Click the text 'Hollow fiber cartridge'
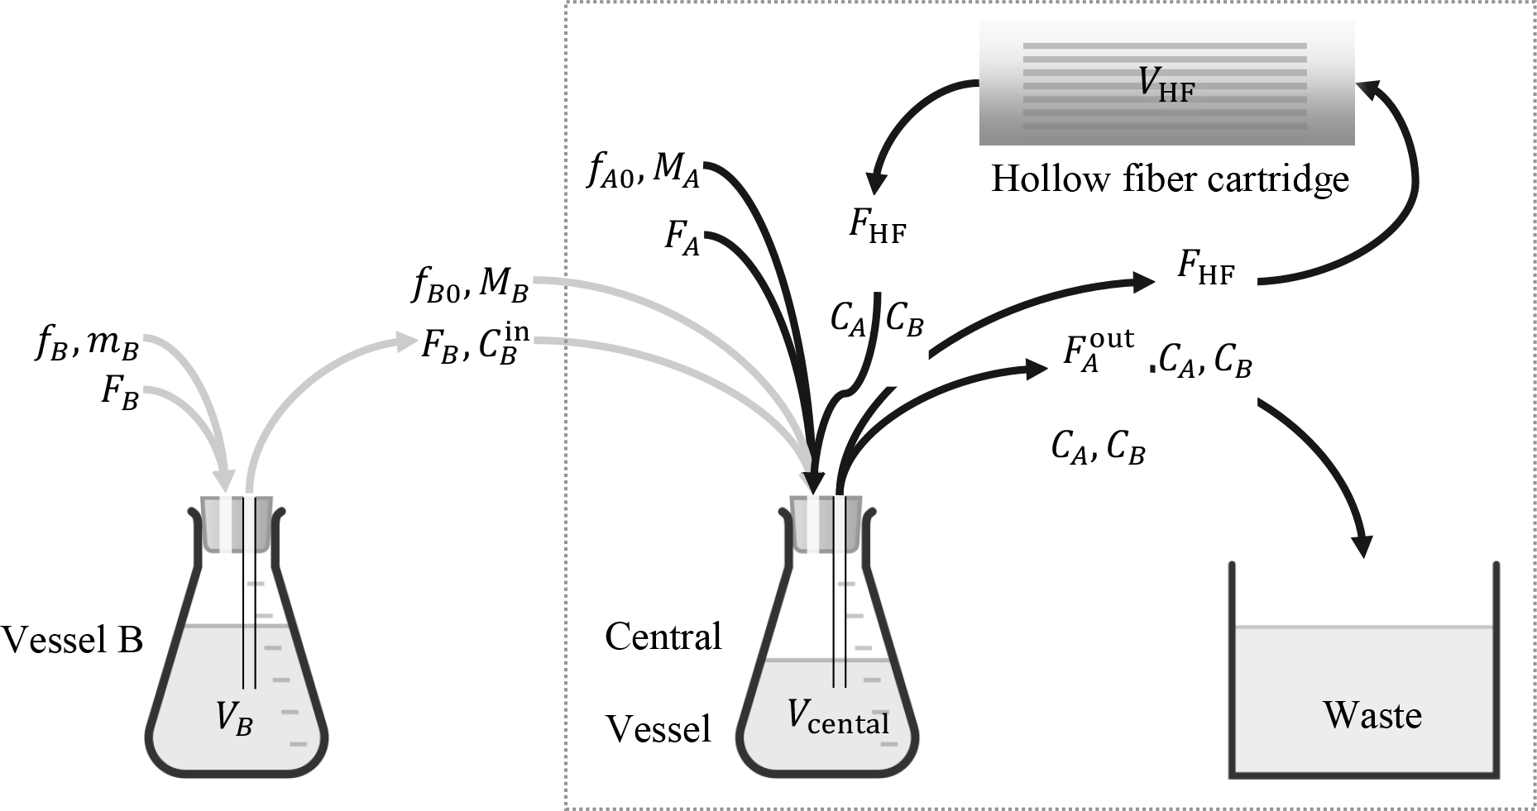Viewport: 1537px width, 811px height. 1169,179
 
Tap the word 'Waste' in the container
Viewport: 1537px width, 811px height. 1372,715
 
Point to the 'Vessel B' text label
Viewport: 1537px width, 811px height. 73,640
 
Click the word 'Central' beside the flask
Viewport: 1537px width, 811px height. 663,637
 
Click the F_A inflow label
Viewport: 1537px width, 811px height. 682,238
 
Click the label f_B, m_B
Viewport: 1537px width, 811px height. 86,346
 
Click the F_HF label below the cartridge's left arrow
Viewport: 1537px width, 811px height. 877,226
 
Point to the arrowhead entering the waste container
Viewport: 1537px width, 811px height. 1362,546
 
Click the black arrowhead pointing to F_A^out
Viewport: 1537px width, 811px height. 1037,369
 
